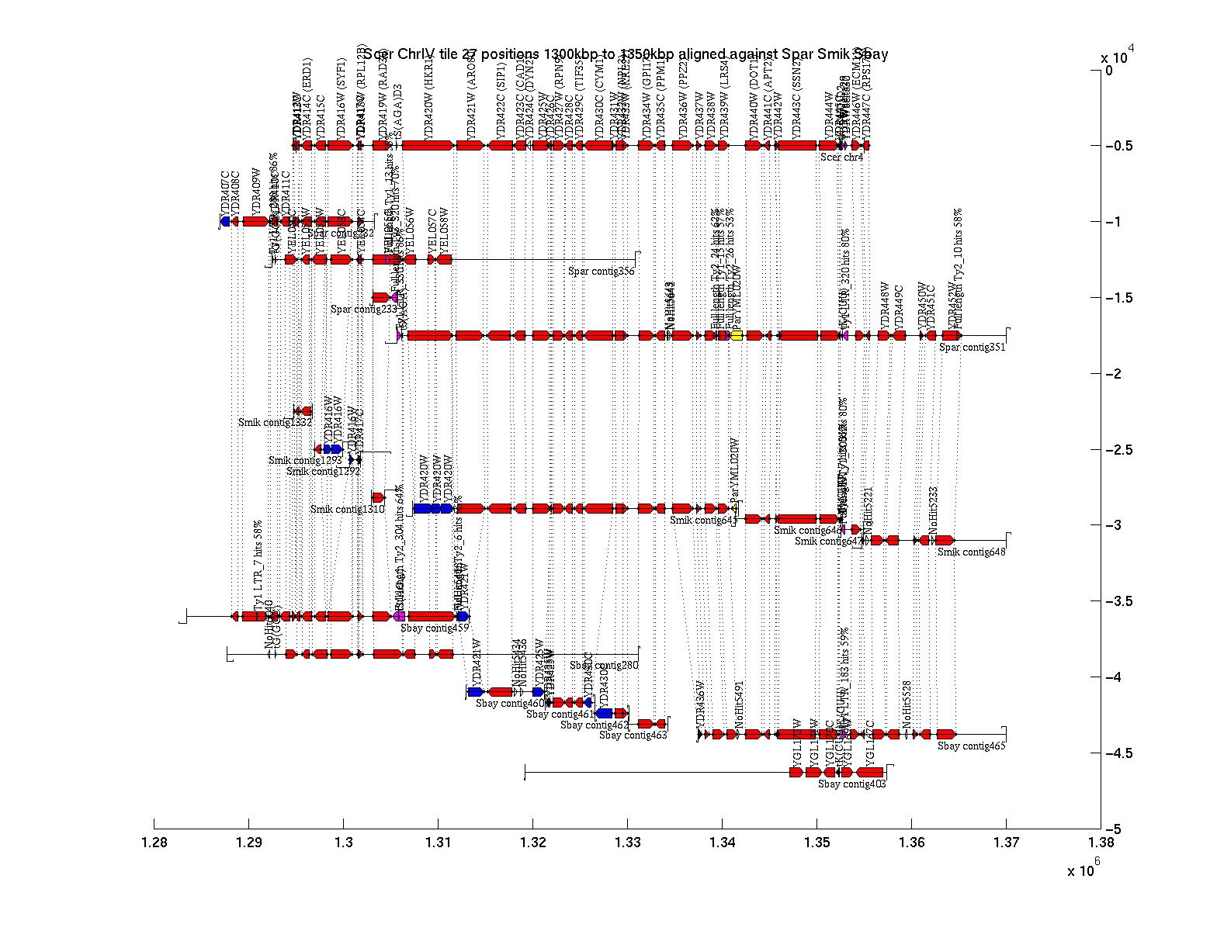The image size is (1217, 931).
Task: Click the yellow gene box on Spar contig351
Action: click(x=737, y=335)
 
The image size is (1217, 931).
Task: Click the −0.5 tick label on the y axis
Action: click(x=1119, y=147)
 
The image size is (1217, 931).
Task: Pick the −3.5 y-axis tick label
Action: click(x=1119, y=602)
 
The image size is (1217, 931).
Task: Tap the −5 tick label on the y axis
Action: click(x=1115, y=829)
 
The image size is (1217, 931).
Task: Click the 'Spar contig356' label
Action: click(x=602, y=272)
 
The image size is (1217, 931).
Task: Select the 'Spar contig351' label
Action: click(x=972, y=348)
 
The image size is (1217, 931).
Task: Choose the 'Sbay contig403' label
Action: click(x=851, y=784)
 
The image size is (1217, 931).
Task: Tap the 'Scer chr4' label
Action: click(x=841, y=157)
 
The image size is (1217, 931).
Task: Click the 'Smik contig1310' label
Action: click(x=347, y=510)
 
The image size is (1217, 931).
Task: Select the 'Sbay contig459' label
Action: click(x=435, y=628)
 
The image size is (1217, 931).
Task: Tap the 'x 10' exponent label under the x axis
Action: click(x=1080, y=871)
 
